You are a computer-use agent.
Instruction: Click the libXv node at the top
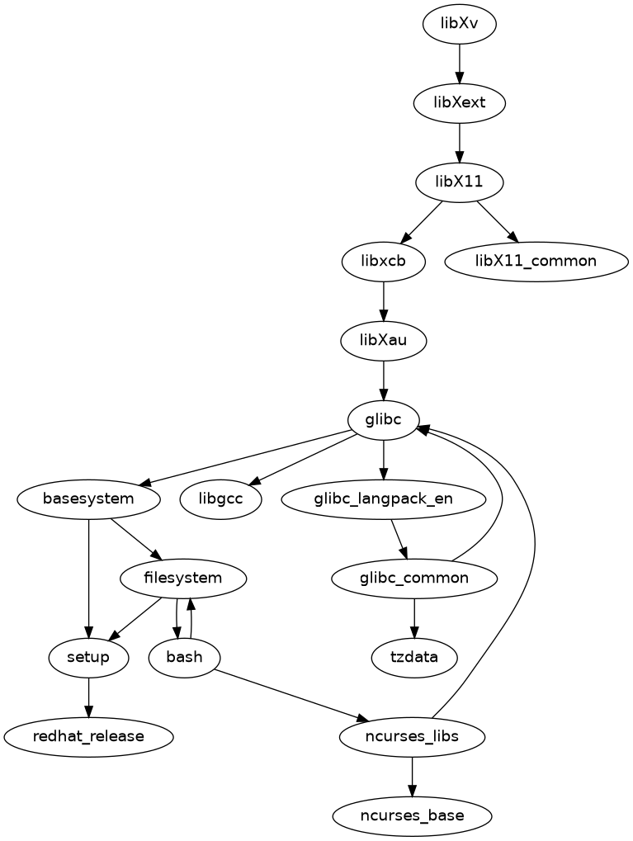coord(460,23)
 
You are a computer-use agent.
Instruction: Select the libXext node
coord(460,103)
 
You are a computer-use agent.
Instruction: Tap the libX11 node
coord(460,182)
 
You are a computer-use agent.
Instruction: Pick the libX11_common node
coord(536,261)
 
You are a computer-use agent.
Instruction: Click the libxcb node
coord(384,261)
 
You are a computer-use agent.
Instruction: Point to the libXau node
coord(384,340)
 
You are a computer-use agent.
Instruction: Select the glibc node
coord(384,419)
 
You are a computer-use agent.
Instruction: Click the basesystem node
coord(88,498)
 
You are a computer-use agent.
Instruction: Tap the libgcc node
coord(220,498)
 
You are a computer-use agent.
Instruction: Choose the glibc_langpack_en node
coord(384,498)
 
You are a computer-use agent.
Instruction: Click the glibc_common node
coord(414,578)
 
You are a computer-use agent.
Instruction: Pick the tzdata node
coord(414,657)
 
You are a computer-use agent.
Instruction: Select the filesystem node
coord(183,578)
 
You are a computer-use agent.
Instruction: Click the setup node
coord(88,657)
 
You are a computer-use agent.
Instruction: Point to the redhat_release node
coord(88,736)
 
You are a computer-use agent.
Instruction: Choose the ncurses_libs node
coord(412,736)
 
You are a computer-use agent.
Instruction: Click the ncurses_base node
coord(412,815)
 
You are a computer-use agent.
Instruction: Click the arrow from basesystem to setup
coord(88,578)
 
